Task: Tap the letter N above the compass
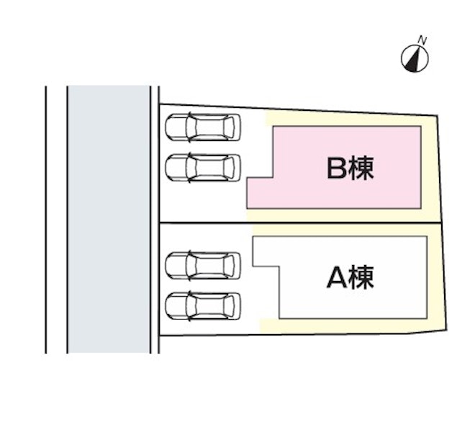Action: coord(423,40)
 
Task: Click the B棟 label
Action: coord(350,168)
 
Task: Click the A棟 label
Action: coord(350,276)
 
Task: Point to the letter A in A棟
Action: coord(337,277)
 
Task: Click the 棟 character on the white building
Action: coord(363,277)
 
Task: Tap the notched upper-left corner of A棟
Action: coord(266,253)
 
